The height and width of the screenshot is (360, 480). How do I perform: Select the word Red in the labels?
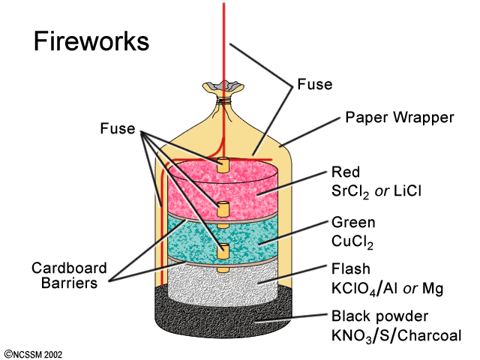tap(345, 173)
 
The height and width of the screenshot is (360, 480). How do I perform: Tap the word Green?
tap(352, 223)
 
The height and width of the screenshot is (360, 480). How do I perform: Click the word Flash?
tap(350, 268)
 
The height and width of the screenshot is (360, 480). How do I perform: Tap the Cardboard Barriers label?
tap(69, 274)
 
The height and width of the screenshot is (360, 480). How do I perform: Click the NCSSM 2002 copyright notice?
tap(34, 351)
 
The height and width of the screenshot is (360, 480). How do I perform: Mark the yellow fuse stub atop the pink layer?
tap(223, 161)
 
